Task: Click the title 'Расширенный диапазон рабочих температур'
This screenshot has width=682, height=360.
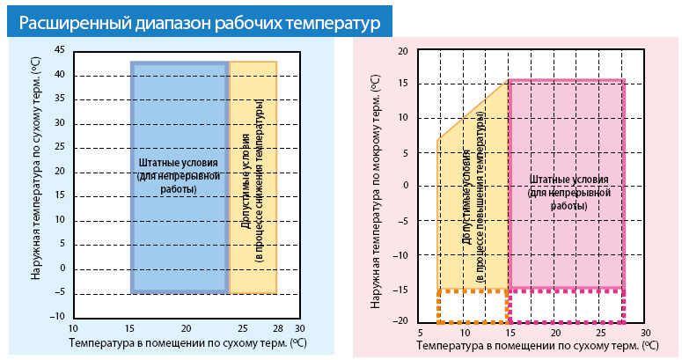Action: pos(198,23)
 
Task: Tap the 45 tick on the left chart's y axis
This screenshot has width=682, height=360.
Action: pos(59,50)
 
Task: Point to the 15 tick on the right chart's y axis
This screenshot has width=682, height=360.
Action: pos(403,84)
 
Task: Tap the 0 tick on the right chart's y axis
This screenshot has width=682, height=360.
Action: pos(407,186)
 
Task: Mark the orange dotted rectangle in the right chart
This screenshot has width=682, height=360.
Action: pos(473,305)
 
